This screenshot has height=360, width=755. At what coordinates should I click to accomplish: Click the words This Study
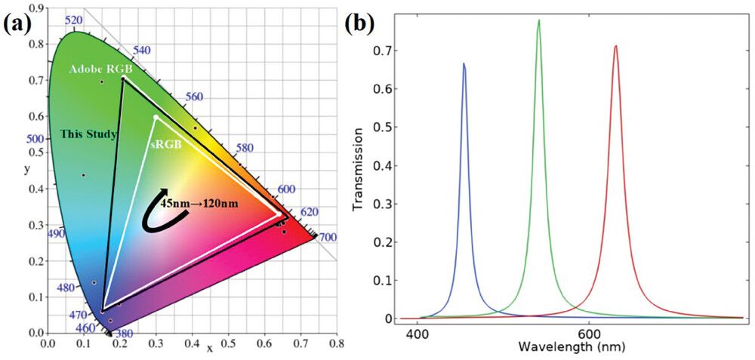[88, 135]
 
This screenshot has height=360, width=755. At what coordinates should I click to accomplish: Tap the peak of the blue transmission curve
[464, 64]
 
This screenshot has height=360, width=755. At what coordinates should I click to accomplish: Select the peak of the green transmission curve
[539, 20]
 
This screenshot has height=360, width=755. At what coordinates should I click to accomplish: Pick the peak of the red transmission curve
[616, 46]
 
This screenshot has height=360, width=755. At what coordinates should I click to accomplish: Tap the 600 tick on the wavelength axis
[588, 333]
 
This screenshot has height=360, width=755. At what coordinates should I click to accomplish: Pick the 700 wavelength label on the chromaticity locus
[327, 238]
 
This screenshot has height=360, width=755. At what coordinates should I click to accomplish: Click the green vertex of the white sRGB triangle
[156, 117]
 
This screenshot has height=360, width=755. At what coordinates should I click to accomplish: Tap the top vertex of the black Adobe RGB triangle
[123, 78]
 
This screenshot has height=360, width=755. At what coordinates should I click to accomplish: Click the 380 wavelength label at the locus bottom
[123, 333]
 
